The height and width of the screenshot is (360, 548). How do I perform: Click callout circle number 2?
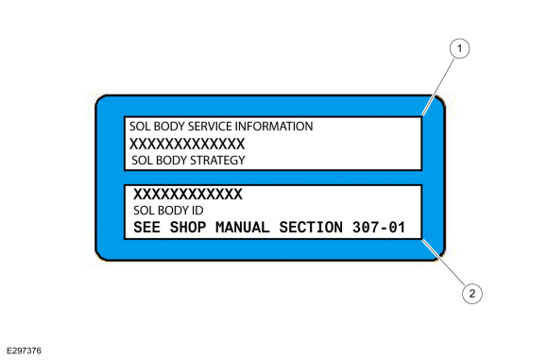(x=471, y=295)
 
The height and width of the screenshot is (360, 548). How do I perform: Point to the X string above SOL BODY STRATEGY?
(x=187, y=144)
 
